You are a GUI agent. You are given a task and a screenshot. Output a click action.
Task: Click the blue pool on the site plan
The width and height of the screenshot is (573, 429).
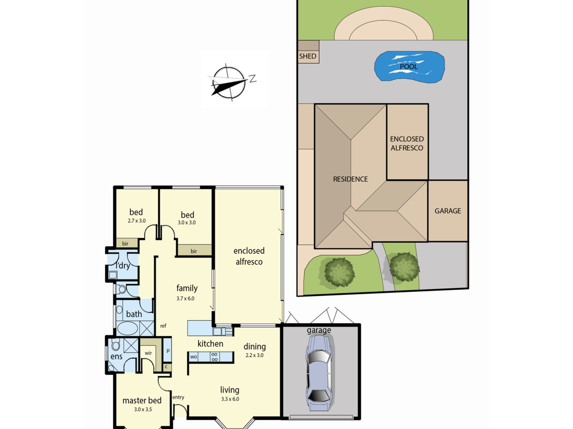coord(409,67)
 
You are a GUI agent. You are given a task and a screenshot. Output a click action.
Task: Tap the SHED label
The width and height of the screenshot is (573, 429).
coord(308,56)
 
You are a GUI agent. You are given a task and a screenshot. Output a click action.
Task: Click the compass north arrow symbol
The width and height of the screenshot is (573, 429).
coord(231,82)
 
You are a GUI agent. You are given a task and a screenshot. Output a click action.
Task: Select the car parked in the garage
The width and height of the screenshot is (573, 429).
coord(319,373)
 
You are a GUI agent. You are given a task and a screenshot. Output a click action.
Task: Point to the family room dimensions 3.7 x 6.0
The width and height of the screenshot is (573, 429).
coord(185,298)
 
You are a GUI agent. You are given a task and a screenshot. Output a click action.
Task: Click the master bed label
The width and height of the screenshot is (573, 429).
coord(142,400)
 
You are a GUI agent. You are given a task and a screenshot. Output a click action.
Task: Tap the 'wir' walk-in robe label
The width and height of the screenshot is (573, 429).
coord(148,353)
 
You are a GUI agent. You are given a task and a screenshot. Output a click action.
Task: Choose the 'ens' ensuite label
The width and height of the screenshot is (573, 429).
coord(116,356)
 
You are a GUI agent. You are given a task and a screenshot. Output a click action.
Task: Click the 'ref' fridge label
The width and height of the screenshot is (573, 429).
coord(163,326)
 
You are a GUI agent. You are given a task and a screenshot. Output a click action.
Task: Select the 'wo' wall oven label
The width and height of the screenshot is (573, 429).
coord(193,357)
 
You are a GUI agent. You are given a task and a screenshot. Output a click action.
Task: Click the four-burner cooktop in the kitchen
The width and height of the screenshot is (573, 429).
coord(214,357)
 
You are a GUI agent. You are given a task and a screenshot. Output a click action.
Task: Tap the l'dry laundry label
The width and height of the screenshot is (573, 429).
coord(123,265)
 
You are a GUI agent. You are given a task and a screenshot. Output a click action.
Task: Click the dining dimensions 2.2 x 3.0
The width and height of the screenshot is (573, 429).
coord(254,355)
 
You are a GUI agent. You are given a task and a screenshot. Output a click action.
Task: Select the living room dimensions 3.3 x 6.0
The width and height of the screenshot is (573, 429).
coord(230,399)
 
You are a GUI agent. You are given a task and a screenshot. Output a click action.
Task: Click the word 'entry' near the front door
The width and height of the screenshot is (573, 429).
coord(178,397)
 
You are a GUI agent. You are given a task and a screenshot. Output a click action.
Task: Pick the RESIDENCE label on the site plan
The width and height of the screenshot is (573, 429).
coord(350,179)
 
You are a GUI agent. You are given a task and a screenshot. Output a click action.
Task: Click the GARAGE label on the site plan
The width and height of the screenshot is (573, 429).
coord(448,211)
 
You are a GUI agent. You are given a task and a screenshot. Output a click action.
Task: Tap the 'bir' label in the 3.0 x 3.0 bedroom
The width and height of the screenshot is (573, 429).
coord(194,251)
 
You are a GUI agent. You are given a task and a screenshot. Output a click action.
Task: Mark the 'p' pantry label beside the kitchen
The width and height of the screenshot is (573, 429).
coord(168,351)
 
